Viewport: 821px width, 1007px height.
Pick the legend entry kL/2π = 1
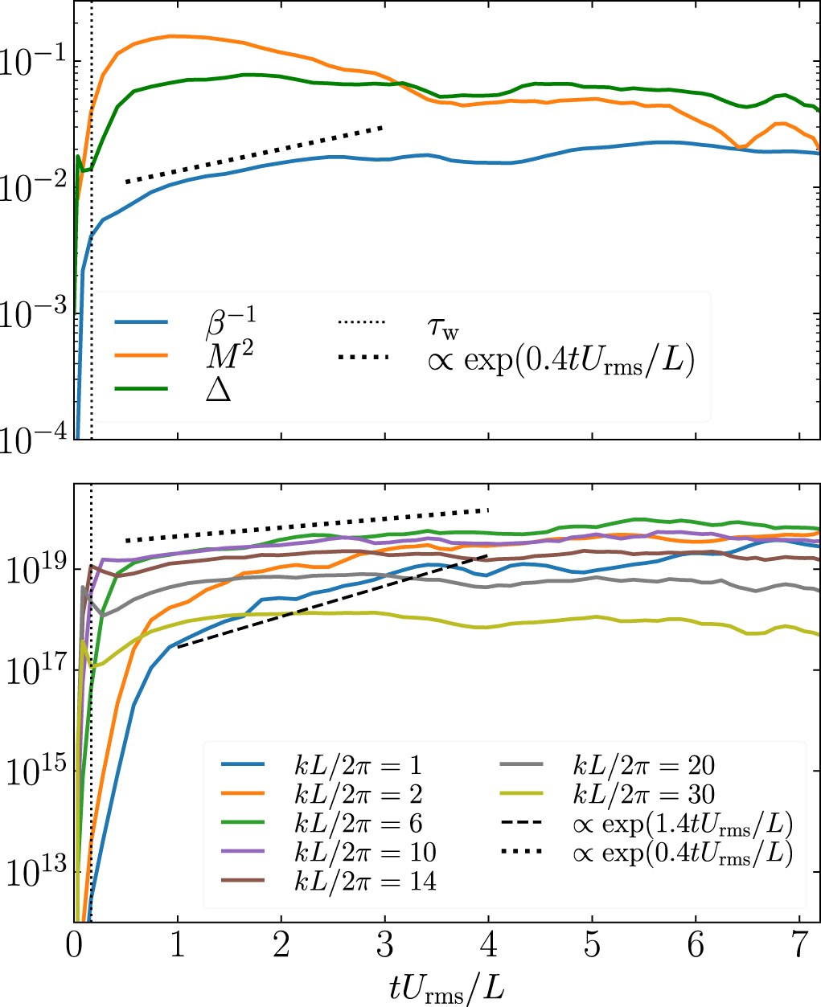click(x=357, y=765)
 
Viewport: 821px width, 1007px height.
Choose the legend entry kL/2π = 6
click(x=357, y=823)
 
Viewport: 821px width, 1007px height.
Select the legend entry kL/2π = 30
click(x=643, y=794)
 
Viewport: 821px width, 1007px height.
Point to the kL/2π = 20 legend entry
click(x=643, y=765)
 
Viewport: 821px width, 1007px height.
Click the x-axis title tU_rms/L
click(x=447, y=985)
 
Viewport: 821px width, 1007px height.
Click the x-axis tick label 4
click(x=489, y=945)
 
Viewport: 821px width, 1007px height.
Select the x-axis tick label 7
click(x=799, y=945)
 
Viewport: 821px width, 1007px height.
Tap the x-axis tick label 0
click(x=75, y=945)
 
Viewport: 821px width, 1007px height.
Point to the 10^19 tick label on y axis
click(x=36, y=570)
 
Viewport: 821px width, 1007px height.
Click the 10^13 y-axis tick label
click(x=36, y=873)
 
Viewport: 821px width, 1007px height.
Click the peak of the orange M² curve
click(x=173, y=35)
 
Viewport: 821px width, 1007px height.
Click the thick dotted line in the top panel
click(x=253, y=155)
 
